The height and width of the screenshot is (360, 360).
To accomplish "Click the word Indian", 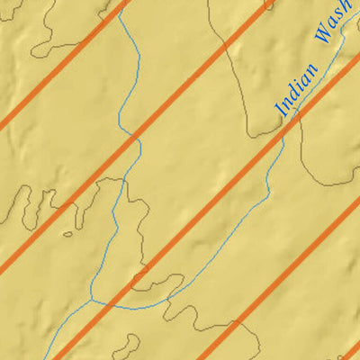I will coord(299,90).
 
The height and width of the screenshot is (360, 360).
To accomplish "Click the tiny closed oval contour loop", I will coord(67,235).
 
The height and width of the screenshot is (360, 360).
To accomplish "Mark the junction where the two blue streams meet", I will coord(93,299).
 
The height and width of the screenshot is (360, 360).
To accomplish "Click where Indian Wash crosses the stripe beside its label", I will coord(284,123).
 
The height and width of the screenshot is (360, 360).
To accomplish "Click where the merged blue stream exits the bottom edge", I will coord(45,357).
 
